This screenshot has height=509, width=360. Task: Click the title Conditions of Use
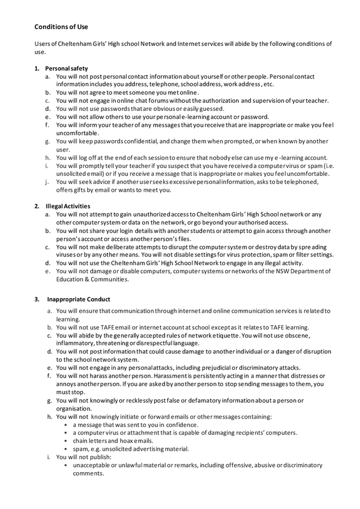tap(61, 27)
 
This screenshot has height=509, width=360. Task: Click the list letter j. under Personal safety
tap(47, 182)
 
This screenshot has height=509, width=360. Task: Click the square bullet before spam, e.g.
tap(66, 449)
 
